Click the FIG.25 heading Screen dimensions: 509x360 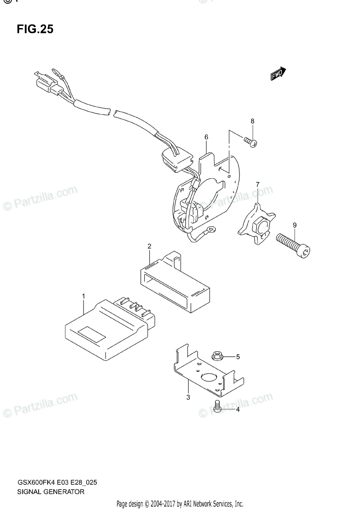click(35, 29)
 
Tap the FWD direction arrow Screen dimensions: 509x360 click(278, 74)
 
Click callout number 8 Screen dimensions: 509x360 click(252, 121)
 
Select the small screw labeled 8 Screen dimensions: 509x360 click(250, 142)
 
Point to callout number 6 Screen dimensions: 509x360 click(206, 137)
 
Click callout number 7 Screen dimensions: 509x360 click(257, 184)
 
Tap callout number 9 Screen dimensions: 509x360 click(294, 225)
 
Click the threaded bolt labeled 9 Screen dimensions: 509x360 click(294, 246)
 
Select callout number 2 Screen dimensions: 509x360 click(149, 246)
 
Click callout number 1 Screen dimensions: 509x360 click(84, 296)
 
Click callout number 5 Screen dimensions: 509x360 click(238, 357)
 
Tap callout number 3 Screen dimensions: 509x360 click(188, 397)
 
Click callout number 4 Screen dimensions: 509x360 click(238, 410)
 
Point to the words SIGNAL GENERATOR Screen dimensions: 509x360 click(51, 492)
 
